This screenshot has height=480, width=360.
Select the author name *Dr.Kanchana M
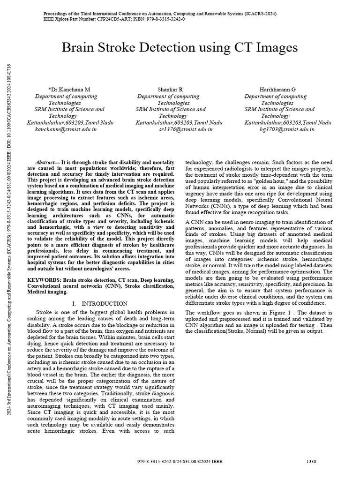point(69,89)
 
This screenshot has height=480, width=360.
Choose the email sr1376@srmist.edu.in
point(179,129)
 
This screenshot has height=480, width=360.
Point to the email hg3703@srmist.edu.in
point(287,129)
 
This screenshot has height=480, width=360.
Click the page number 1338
point(311,462)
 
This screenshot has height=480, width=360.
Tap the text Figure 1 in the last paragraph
point(283,312)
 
